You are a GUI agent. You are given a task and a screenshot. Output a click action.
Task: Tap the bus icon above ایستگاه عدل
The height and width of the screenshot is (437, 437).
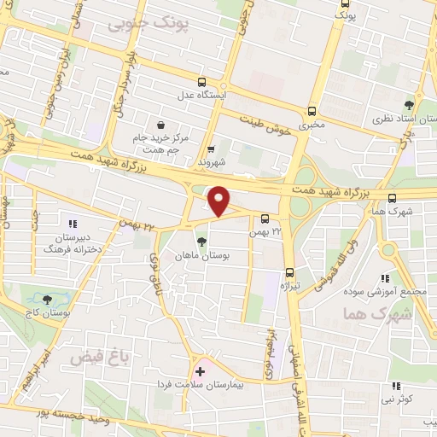(x=201, y=83)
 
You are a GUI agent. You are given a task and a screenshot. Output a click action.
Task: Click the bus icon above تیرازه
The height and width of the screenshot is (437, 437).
(x=289, y=271)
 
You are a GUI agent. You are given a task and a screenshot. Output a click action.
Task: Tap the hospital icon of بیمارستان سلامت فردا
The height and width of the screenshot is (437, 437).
(x=200, y=372)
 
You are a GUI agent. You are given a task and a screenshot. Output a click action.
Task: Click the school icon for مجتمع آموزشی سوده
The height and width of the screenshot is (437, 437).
(x=385, y=277)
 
